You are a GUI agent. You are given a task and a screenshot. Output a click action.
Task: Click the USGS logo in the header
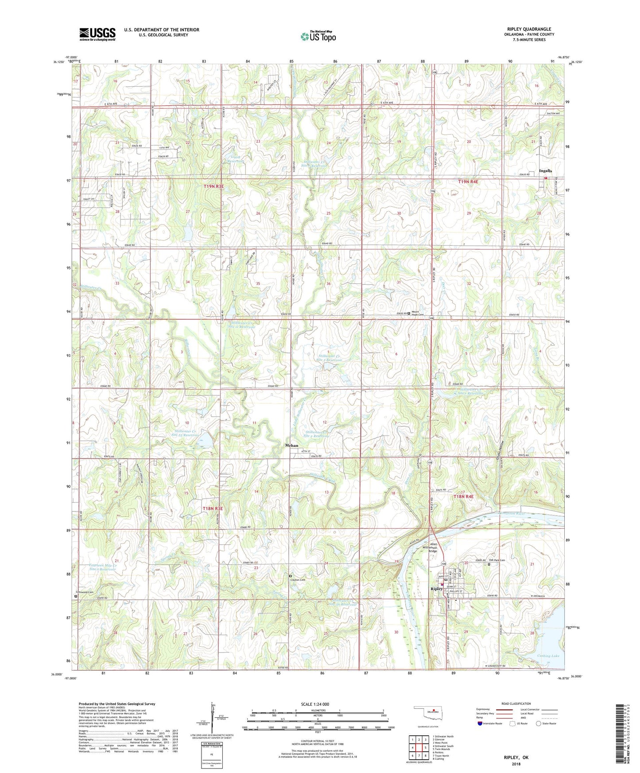coord(97,34)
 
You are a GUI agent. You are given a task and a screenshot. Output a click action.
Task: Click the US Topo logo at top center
coord(318,36)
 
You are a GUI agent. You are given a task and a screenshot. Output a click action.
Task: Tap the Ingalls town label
coord(545,171)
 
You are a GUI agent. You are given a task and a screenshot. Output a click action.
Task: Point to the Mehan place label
coord(291,445)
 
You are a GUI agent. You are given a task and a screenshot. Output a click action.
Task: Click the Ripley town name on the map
coord(436,589)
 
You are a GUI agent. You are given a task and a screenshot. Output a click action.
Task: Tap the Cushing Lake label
coord(548,656)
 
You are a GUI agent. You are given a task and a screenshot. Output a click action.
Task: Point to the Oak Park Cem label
coord(499,560)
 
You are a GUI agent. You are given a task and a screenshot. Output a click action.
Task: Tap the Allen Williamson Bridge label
coord(434,548)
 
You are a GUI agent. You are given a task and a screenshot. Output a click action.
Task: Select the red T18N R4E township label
coord(463,497)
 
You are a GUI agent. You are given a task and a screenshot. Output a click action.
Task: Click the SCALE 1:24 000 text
coord(315,704)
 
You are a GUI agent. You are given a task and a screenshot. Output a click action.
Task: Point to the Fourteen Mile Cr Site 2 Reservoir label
coord(96,567)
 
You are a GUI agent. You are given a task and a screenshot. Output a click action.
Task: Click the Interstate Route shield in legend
coord(480,723)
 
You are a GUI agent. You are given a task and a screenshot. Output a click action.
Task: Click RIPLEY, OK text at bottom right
coord(516,758)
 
